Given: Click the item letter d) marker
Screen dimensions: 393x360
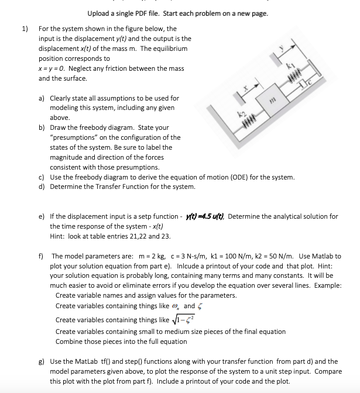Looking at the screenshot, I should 42,187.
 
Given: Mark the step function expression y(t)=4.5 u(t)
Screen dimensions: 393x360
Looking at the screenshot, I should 205,216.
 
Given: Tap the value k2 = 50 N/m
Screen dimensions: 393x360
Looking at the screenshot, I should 279,256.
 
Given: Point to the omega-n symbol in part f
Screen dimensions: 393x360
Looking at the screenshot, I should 176,306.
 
